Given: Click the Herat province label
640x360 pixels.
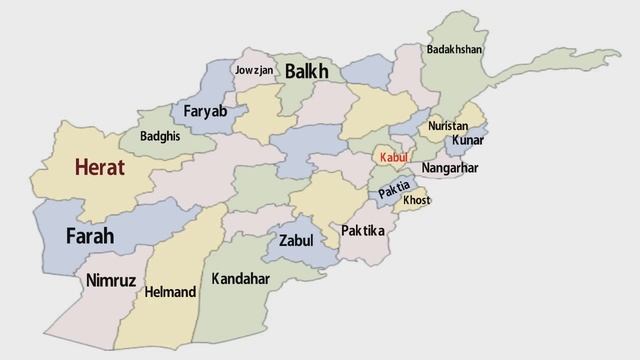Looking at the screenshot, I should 99,168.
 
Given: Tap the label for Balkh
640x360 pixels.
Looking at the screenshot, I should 306,71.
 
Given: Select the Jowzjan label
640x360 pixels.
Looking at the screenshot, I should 254,70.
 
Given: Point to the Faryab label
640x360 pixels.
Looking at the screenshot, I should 205,111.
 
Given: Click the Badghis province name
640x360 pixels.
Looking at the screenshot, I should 160,136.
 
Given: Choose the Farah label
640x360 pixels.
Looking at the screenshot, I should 90,237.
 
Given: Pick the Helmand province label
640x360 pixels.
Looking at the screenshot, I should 170,293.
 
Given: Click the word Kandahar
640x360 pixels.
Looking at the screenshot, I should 241,279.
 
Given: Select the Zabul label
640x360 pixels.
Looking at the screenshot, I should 296,241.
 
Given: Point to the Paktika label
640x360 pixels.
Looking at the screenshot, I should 362,231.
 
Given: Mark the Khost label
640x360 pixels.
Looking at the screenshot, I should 416,201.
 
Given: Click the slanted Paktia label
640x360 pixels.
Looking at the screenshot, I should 394,186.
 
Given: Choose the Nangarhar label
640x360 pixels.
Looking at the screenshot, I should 449,168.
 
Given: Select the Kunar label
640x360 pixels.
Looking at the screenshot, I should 467,140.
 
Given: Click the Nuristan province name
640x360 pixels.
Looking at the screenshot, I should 447,126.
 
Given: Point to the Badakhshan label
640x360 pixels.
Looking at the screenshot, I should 453,49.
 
